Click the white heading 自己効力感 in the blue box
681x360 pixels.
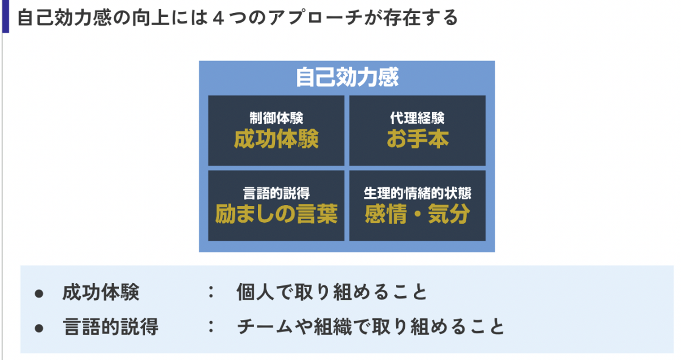tap(347, 78)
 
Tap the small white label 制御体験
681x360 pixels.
tap(276, 118)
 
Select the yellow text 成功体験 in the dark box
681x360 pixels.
tap(276, 139)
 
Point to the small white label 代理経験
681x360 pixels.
tap(417, 118)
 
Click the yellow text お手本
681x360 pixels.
tap(417, 139)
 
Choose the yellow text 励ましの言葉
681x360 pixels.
tap(276, 214)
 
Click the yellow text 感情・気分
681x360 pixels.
tap(417, 214)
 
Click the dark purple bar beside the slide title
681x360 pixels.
tap(5, 17)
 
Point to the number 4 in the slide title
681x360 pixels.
tap(218, 18)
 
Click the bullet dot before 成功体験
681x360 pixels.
tap(39, 293)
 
